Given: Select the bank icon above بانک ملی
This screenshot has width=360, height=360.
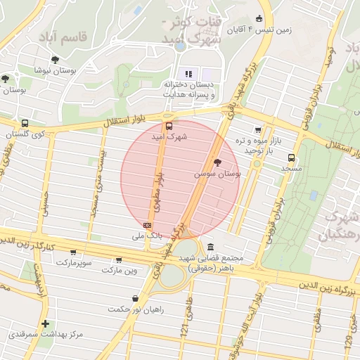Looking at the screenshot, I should point(147,225).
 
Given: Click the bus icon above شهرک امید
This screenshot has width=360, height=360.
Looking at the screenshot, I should point(167,127).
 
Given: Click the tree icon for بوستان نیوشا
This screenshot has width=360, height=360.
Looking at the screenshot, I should point(55,60).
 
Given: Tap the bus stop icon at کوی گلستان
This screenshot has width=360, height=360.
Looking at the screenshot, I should point(25,123).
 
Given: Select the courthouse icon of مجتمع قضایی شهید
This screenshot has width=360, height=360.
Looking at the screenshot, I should point(212,247).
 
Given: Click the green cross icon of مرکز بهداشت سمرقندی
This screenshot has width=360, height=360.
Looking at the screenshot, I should point(46,324).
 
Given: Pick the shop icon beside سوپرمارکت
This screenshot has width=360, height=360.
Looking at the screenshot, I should point(73,252).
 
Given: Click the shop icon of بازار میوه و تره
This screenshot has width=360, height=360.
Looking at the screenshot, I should point(258,129).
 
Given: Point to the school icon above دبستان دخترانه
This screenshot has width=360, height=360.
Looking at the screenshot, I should point(188,73).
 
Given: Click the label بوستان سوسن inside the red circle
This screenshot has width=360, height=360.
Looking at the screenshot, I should point(219,172).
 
